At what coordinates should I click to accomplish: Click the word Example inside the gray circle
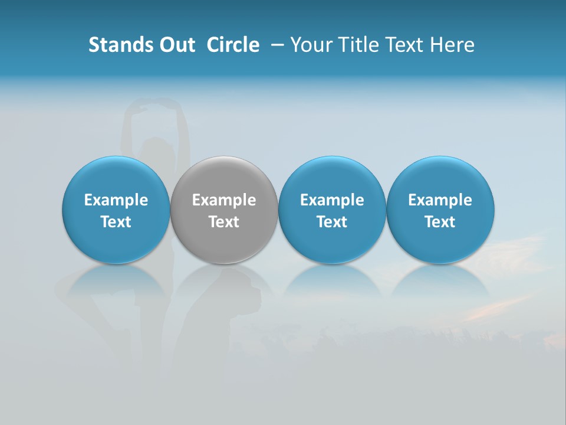[x=224, y=200]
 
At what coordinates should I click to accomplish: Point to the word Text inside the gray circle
[x=224, y=222]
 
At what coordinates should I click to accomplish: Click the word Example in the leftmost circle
[x=116, y=200]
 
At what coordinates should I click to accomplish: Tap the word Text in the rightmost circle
[x=440, y=222]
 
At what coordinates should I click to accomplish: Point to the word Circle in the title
[x=233, y=45]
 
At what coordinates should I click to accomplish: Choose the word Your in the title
[x=310, y=45]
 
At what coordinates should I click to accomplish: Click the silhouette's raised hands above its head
[x=154, y=106]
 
